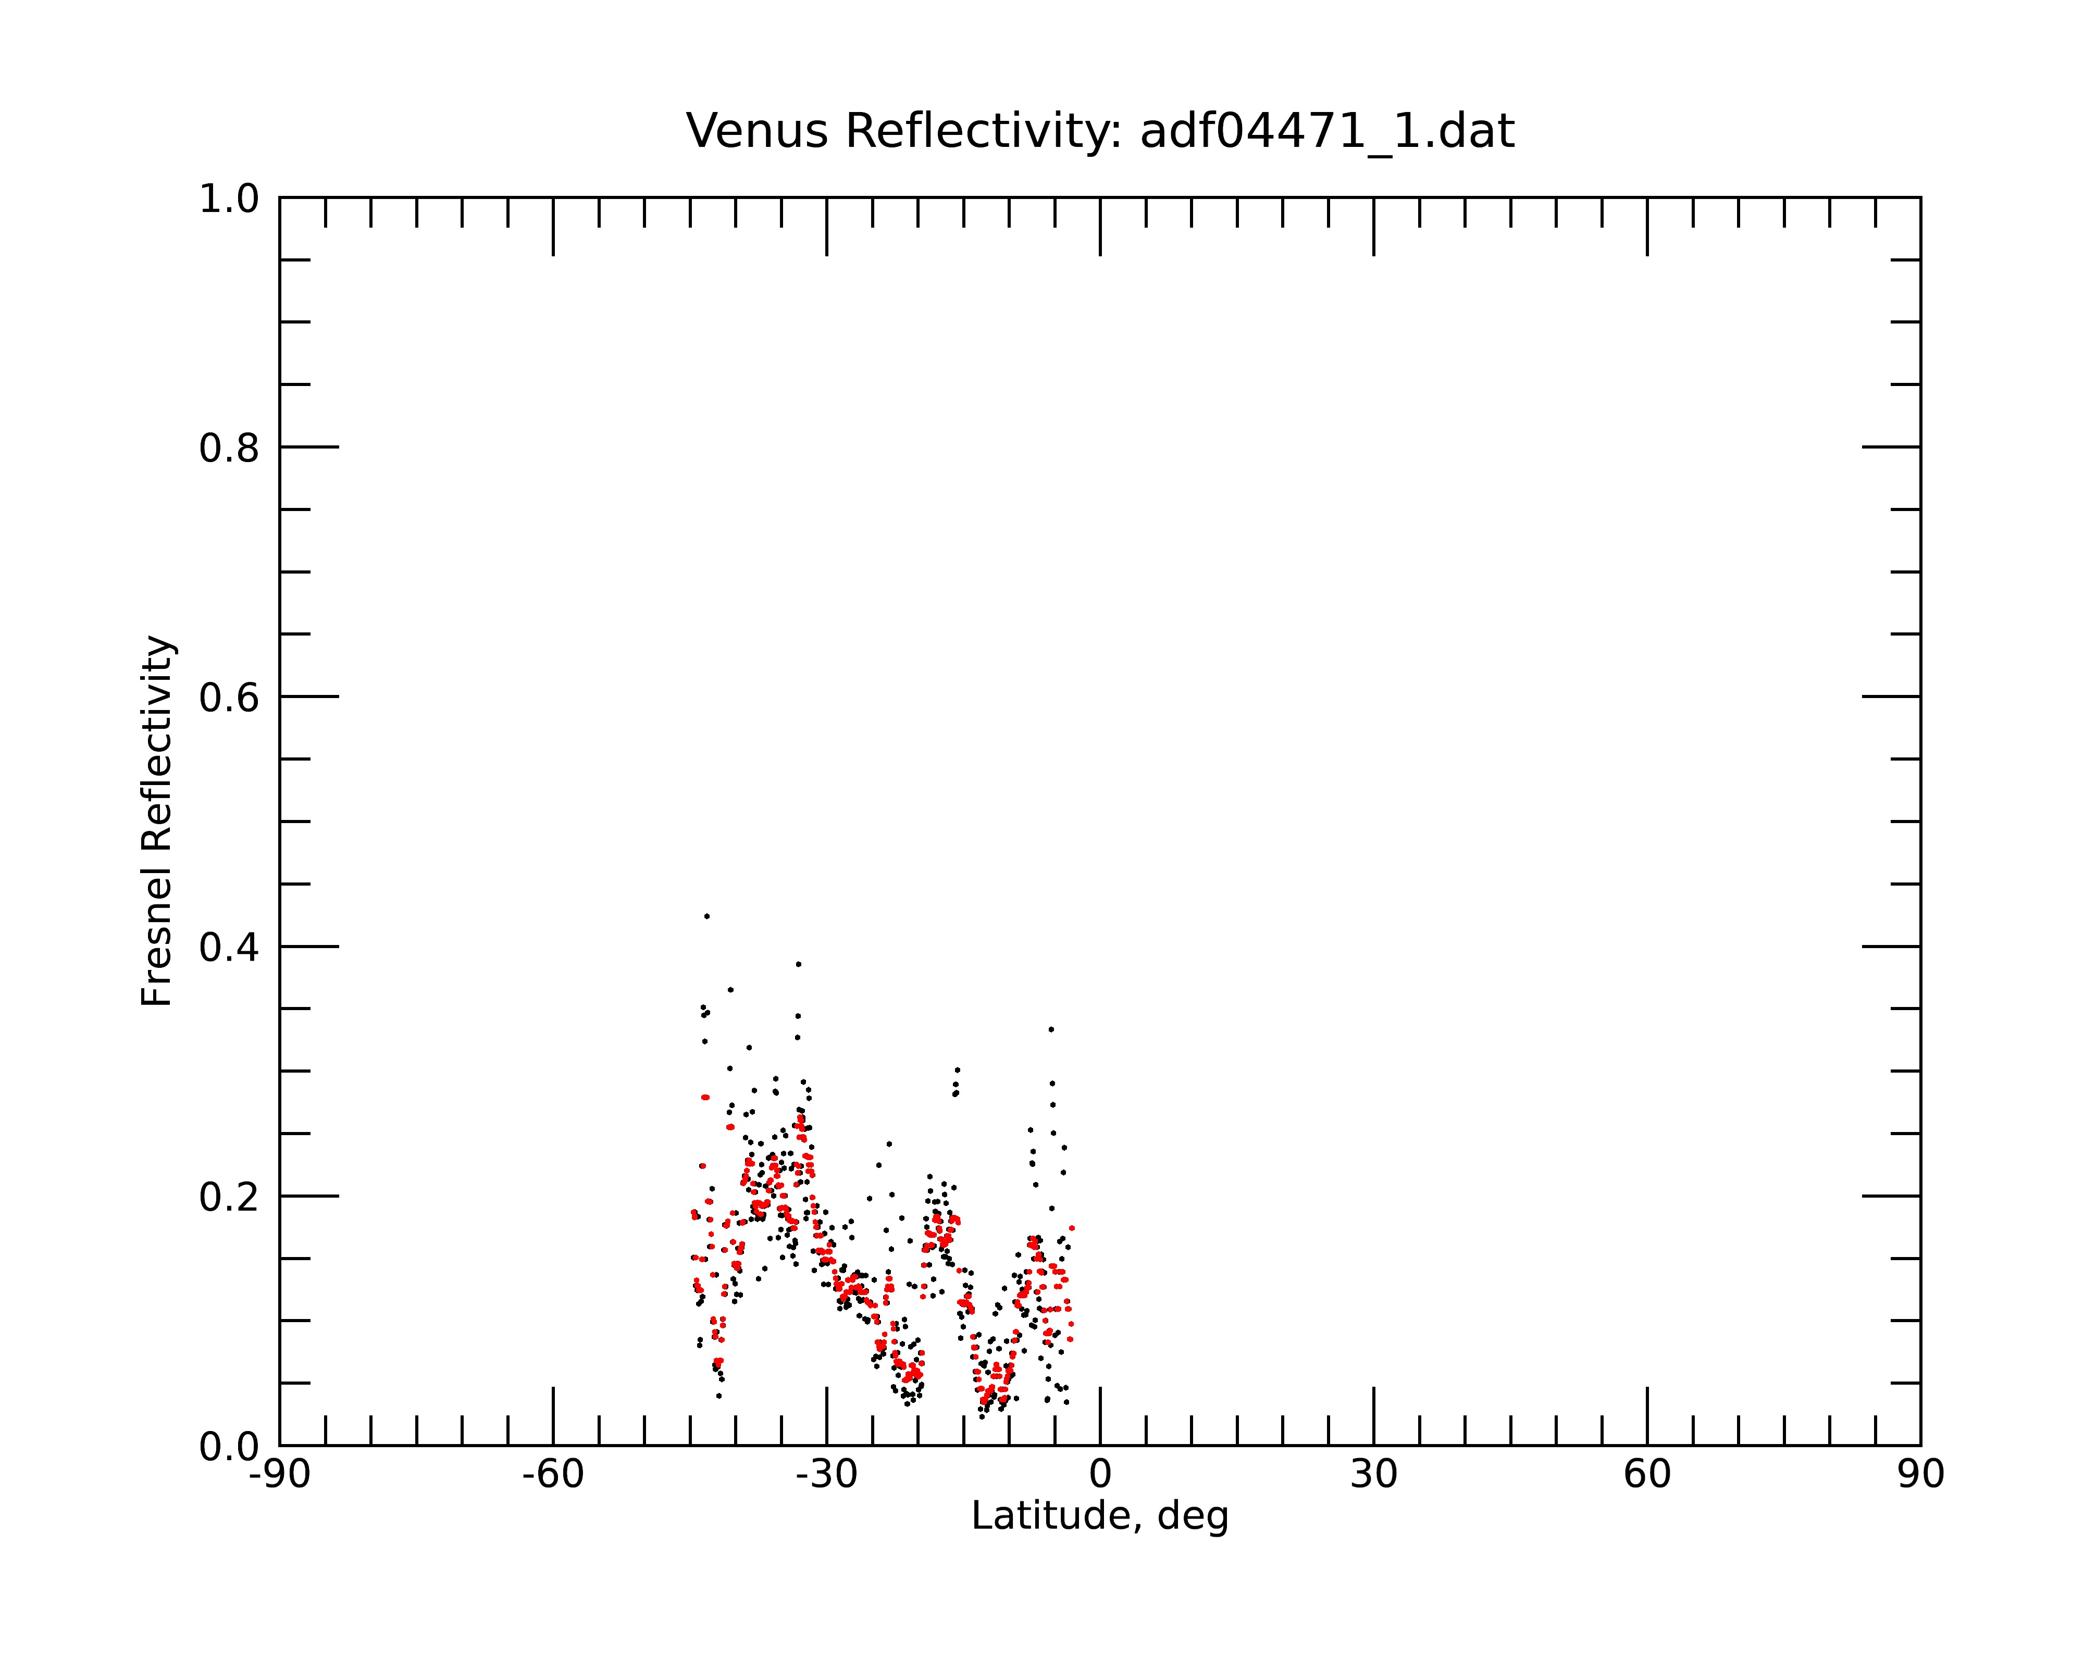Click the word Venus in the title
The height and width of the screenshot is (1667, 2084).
pyautogui.click(x=756, y=131)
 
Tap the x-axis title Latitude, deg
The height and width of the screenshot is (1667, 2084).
pyautogui.click(x=1100, y=1516)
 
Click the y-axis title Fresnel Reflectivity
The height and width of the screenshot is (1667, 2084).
pyautogui.click(x=157, y=822)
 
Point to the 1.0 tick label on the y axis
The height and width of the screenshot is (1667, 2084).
pyautogui.click(x=229, y=200)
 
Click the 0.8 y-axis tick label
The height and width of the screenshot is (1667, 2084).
pyautogui.click(x=229, y=449)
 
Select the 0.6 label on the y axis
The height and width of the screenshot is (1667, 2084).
pyautogui.click(x=229, y=698)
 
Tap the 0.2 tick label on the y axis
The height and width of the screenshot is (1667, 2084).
pyautogui.click(x=229, y=1197)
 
